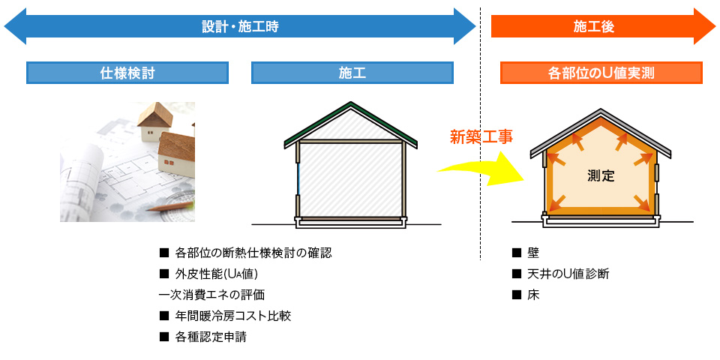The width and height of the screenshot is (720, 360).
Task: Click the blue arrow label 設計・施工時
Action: pyautogui.click(x=240, y=27)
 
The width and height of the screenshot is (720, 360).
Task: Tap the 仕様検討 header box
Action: pyautogui.click(x=127, y=73)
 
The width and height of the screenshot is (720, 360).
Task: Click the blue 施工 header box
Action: pyautogui.click(x=352, y=73)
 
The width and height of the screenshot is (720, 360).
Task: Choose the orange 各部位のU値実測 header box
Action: pyautogui.click(x=601, y=73)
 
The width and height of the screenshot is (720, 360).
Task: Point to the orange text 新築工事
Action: pyautogui.click(x=481, y=136)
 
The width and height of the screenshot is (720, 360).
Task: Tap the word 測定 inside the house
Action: pyautogui.click(x=601, y=176)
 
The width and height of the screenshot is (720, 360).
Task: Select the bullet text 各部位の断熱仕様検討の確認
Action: pyautogui.click(x=253, y=253)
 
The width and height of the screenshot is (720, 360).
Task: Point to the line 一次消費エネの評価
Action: pyautogui.click(x=211, y=295)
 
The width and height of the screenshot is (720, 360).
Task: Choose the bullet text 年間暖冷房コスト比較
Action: pyautogui.click(x=232, y=316)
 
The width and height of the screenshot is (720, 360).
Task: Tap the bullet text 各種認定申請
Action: pyautogui.click(x=210, y=337)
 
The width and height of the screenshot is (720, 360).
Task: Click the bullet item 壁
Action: pyautogui.click(x=534, y=253)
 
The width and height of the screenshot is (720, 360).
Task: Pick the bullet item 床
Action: pyautogui.click(x=534, y=295)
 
